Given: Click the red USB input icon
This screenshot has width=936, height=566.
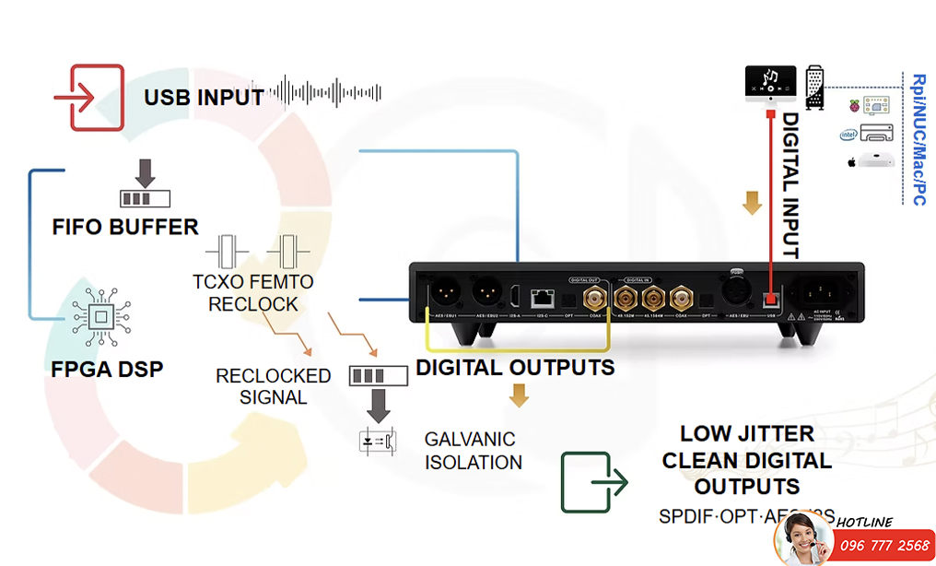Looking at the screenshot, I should (x=88, y=96).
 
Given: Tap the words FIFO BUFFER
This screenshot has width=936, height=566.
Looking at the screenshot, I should (x=126, y=227).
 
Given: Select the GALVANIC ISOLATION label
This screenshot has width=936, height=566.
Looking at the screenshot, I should (x=471, y=451).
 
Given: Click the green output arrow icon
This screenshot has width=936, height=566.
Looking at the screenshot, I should (x=593, y=482).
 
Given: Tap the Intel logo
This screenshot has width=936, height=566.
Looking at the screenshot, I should (x=848, y=135).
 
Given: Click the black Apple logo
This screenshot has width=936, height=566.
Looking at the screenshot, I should (x=851, y=162).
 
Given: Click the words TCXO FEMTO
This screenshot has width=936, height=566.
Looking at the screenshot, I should (x=253, y=282).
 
